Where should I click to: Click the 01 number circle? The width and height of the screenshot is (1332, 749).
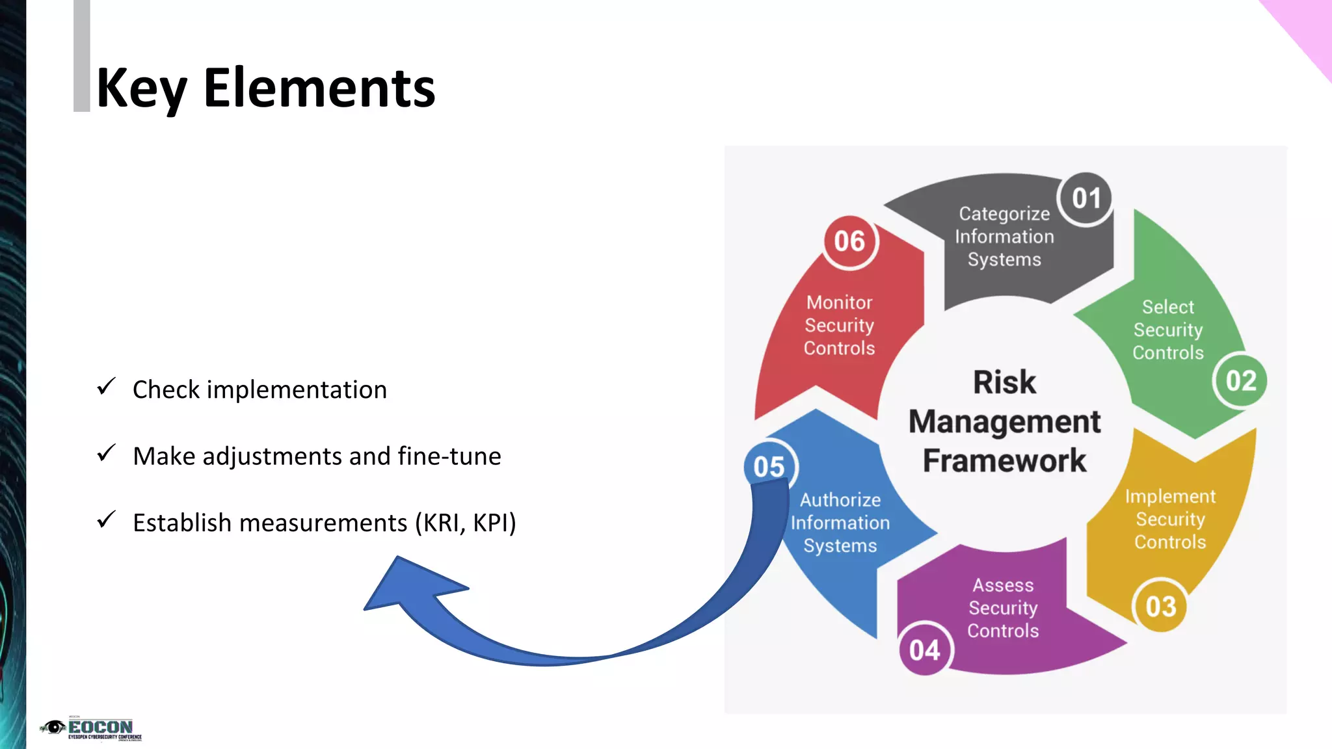[1086, 199]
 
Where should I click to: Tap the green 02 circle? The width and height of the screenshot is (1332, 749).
[1240, 381]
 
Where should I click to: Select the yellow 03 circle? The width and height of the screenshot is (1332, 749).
[1160, 607]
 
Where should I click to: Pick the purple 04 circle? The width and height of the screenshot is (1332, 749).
[924, 650]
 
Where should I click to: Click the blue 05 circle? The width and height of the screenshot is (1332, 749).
[769, 467]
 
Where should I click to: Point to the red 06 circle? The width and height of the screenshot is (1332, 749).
[849, 242]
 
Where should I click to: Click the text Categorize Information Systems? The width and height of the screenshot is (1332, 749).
[1004, 237]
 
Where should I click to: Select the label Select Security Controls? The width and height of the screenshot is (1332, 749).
[1168, 330]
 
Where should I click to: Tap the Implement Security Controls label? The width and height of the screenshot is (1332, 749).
[1170, 519]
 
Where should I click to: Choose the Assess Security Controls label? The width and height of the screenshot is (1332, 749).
[1003, 608]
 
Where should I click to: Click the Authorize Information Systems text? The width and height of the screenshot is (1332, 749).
[840, 523]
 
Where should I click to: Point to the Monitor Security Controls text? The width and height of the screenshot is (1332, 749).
[839, 325]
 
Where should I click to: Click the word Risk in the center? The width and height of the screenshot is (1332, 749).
[1004, 382]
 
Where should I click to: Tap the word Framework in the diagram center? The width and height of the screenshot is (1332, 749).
[1004, 461]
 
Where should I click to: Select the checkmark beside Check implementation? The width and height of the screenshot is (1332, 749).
[106, 387]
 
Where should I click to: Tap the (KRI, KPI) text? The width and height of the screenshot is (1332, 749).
[466, 523]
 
